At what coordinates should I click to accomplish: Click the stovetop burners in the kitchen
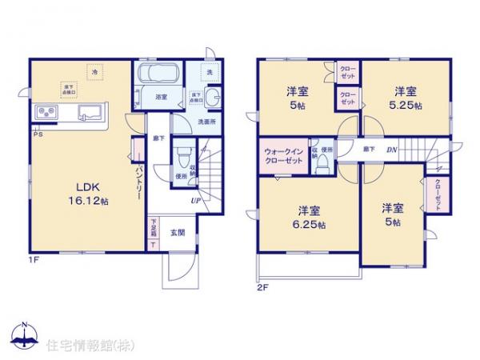[x=45, y=113]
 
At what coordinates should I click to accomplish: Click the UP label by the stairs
[x=195, y=201]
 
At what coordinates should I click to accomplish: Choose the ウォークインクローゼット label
[x=282, y=155]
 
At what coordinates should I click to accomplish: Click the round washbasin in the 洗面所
[x=212, y=98]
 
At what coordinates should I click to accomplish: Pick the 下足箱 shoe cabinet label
[x=153, y=232]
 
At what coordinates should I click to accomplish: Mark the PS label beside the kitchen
[x=37, y=134]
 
